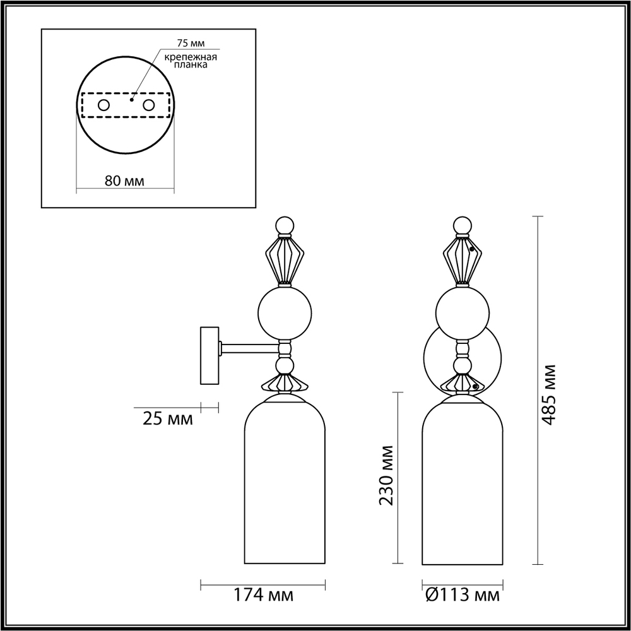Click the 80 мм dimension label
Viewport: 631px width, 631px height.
pyautogui.click(x=124, y=180)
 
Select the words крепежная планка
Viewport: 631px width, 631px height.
pyautogui.click(x=191, y=61)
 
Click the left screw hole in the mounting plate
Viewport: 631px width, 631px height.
pyautogui.click(x=103, y=105)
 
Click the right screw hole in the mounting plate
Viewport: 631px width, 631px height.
pyautogui.click(x=149, y=105)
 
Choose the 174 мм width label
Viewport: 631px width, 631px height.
pyautogui.click(x=264, y=594)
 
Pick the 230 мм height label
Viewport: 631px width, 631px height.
pyautogui.click(x=386, y=476)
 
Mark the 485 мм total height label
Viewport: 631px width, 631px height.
pyautogui.click(x=548, y=394)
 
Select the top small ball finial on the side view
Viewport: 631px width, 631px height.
pyautogui.click(x=285, y=225)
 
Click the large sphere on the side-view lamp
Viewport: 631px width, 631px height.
pyautogui.click(x=285, y=311)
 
